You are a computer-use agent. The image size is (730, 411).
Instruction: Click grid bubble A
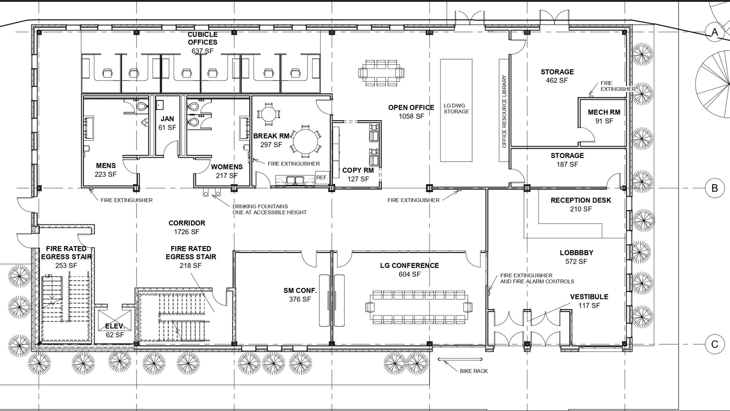tap(715, 32)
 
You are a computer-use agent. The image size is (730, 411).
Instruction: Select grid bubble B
tap(715, 188)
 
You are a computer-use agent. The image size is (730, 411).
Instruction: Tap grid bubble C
tap(715, 344)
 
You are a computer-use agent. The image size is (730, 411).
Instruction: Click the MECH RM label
tap(604, 113)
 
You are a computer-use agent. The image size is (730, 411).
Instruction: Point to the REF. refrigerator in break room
tap(322, 178)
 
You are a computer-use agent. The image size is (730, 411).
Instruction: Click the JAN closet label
tap(167, 119)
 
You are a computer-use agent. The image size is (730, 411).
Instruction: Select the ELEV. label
tap(115, 326)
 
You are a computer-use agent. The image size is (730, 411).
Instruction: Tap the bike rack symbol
tap(460, 359)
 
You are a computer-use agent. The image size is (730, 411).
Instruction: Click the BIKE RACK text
tap(474, 371)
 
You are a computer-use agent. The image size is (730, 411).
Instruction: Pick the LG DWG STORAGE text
tap(456, 108)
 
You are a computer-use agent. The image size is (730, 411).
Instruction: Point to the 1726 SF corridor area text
tap(187, 232)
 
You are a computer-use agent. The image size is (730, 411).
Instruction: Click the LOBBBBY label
tap(577, 253)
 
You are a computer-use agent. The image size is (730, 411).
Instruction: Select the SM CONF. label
tap(300, 291)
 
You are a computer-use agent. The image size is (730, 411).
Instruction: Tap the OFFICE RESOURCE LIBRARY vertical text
tap(504, 112)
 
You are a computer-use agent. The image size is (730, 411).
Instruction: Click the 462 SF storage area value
tap(557, 80)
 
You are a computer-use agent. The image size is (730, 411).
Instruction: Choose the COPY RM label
tap(358, 170)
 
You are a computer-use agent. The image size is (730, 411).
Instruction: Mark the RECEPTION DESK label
tap(581, 200)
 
